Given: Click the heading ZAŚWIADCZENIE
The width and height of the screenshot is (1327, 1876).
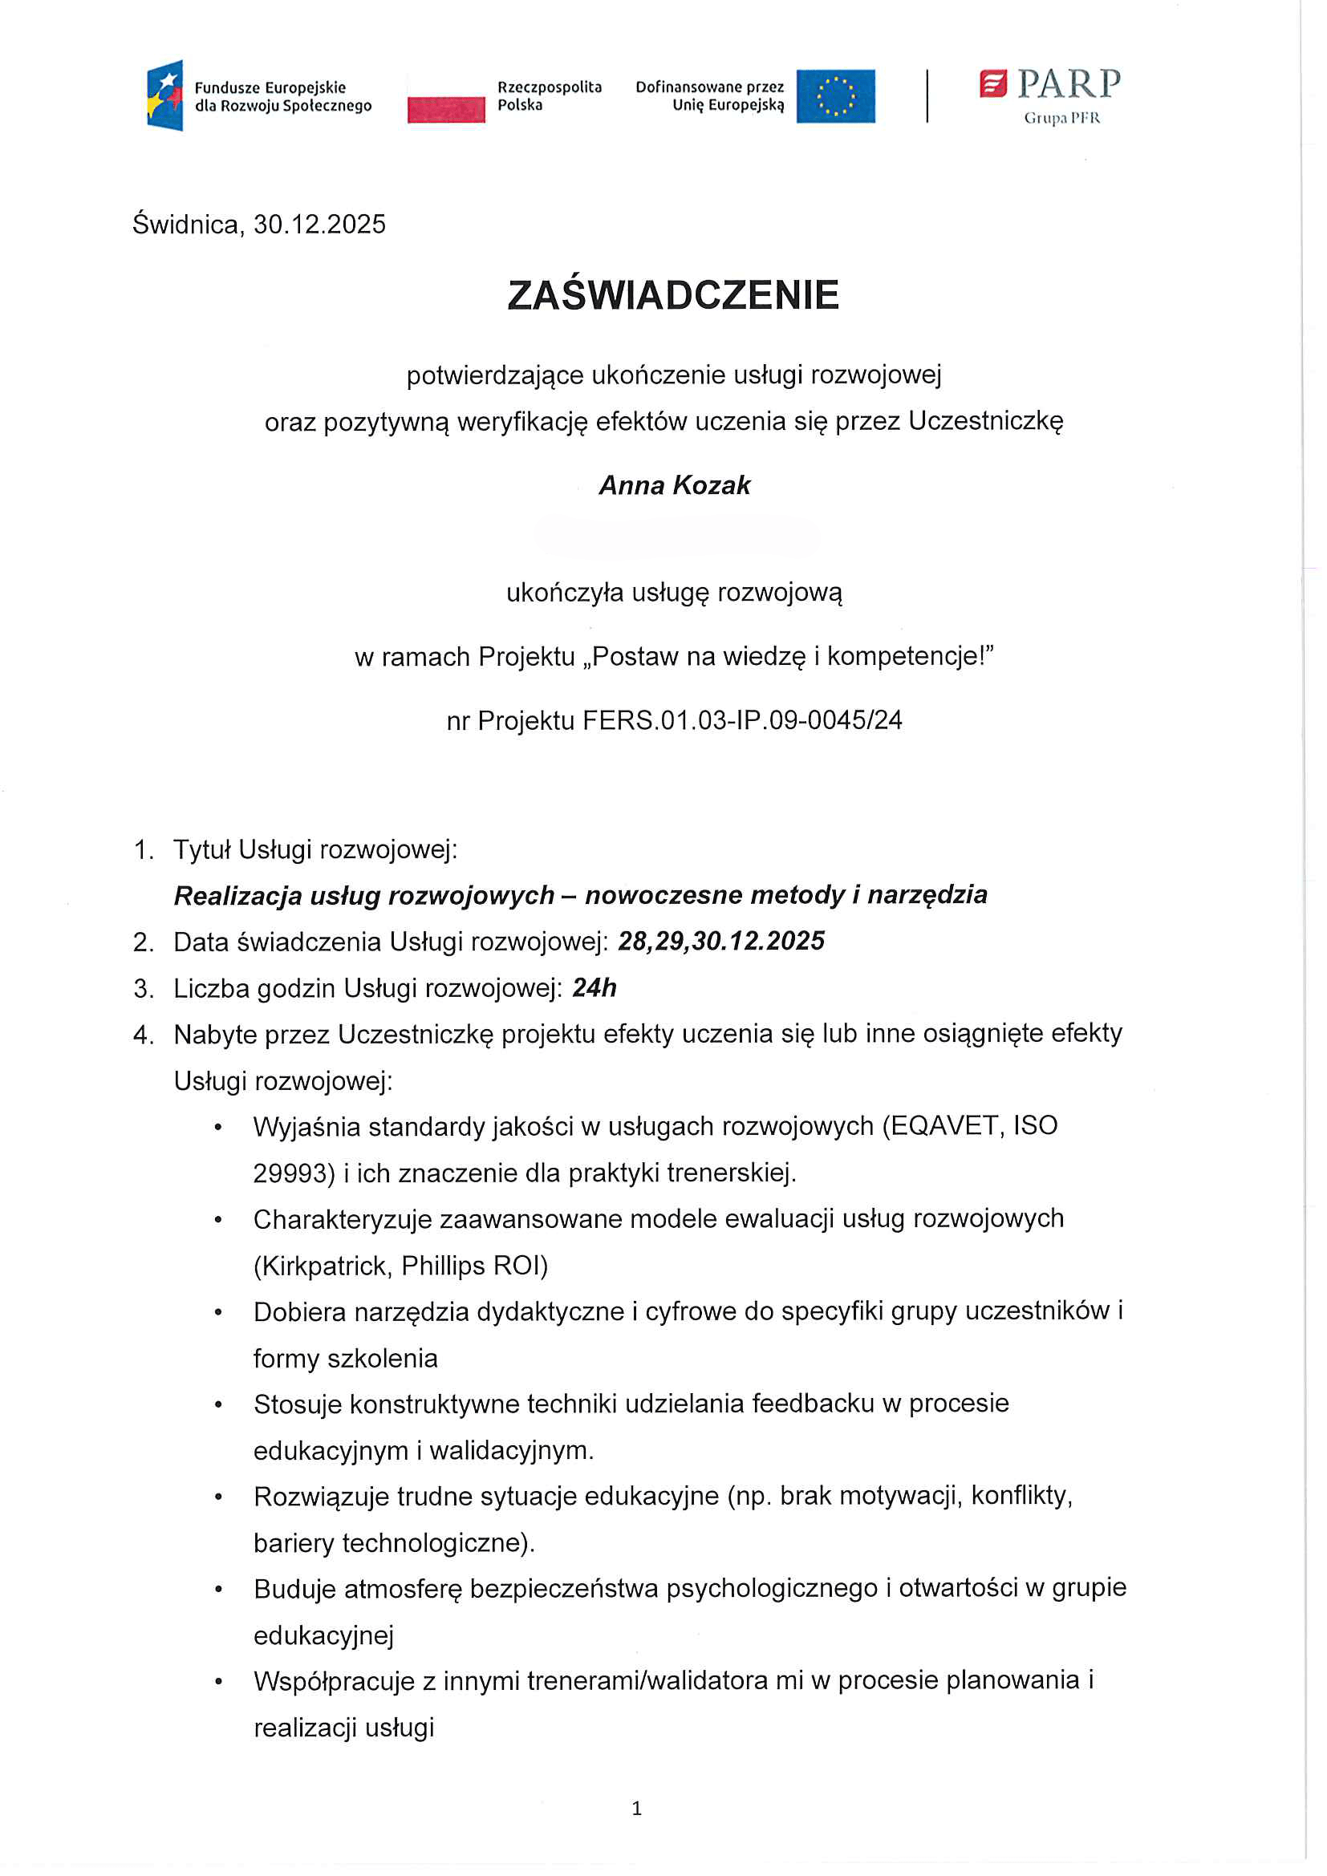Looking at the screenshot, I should click(x=672, y=296).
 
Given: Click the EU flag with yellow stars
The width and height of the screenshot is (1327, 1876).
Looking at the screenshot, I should click(x=835, y=96).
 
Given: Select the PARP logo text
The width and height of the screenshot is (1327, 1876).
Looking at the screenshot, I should click(x=1068, y=83).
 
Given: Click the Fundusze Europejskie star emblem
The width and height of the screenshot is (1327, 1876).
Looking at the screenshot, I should click(x=166, y=95).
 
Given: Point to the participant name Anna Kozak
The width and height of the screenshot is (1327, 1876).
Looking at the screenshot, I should click(x=674, y=485).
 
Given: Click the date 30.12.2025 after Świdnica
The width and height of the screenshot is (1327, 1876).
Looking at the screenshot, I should click(x=319, y=225).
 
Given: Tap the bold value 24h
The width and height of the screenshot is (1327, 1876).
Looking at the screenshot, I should click(x=594, y=988).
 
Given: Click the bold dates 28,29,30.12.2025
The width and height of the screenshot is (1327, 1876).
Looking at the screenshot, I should click(x=720, y=942).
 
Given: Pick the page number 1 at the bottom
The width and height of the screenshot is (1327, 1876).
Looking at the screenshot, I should click(x=636, y=1808).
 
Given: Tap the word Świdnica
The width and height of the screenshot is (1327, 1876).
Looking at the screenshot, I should click(x=185, y=225).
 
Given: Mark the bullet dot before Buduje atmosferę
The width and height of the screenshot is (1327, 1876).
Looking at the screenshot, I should click(x=218, y=1589).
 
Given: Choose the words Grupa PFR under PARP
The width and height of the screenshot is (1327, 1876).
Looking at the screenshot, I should click(x=1061, y=119).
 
